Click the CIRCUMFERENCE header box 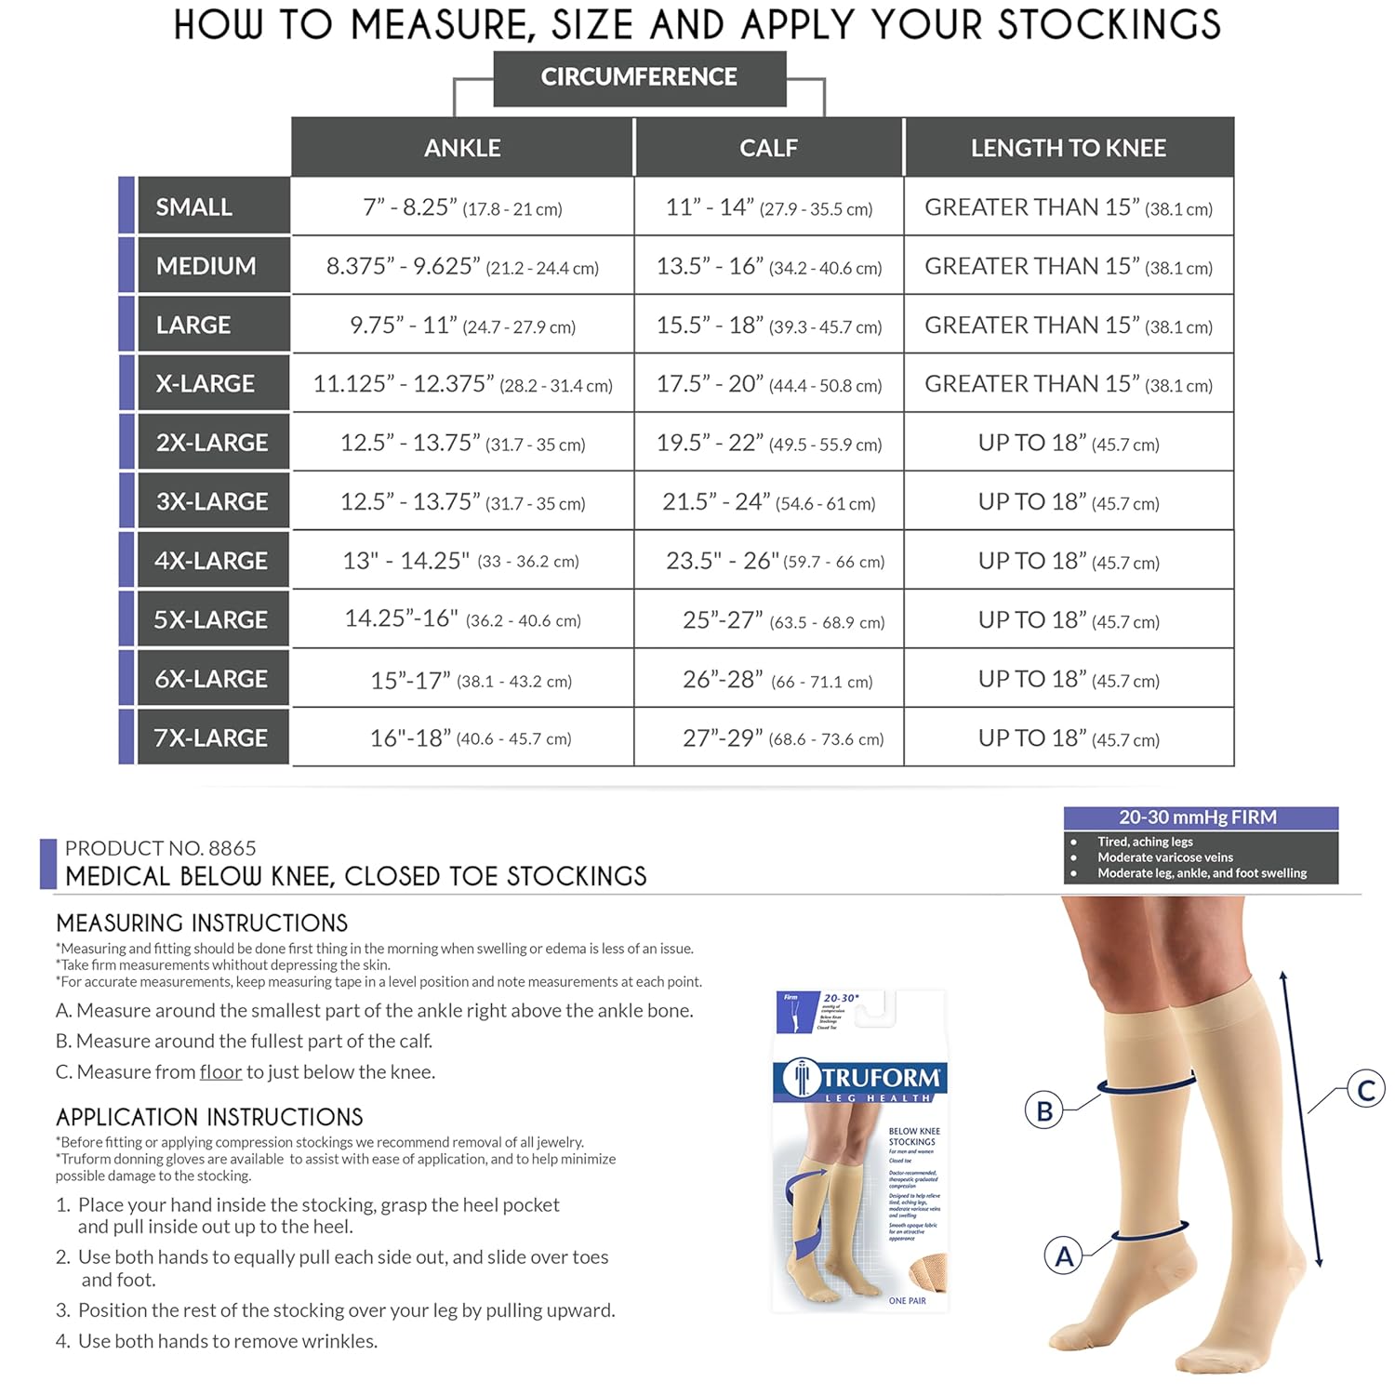tap(639, 78)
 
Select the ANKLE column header tap(462, 148)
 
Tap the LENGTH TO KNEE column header tap(1068, 148)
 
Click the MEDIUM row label tap(206, 266)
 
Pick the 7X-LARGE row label tap(211, 737)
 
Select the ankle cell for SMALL tap(462, 207)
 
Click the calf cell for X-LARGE tap(768, 384)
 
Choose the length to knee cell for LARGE tap(1068, 325)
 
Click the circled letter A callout tap(1064, 1256)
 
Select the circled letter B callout tap(1044, 1110)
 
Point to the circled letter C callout tap(1366, 1089)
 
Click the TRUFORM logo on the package tap(860, 1079)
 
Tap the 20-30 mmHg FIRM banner tap(1200, 817)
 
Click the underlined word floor tap(220, 1072)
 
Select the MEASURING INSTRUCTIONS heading tap(202, 923)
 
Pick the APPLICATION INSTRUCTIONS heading tap(209, 1117)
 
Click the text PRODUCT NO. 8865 tap(160, 848)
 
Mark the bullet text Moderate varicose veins tap(1164, 857)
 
